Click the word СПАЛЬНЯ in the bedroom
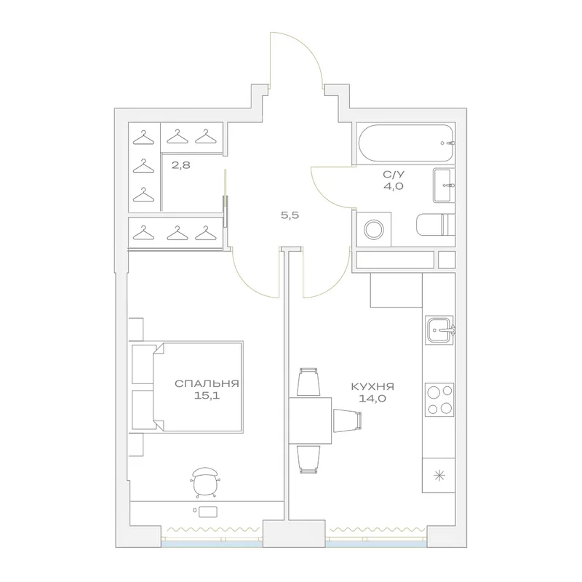[207, 384]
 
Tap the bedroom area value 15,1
[207, 396]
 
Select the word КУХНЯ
[372, 387]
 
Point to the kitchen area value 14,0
[372, 399]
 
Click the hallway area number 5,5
[290, 215]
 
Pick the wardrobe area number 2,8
[181, 165]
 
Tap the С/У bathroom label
[394, 174]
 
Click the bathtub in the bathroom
[406, 143]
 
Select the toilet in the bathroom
[435, 224]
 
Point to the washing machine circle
[373, 229]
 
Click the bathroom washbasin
[444, 186]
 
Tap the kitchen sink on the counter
[440, 330]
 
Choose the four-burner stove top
[440, 399]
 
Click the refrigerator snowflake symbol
[439, 476]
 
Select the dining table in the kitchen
[310, 420]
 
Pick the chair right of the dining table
[347, 420]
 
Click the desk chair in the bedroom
[205, 482]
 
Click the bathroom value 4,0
[394, 186]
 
